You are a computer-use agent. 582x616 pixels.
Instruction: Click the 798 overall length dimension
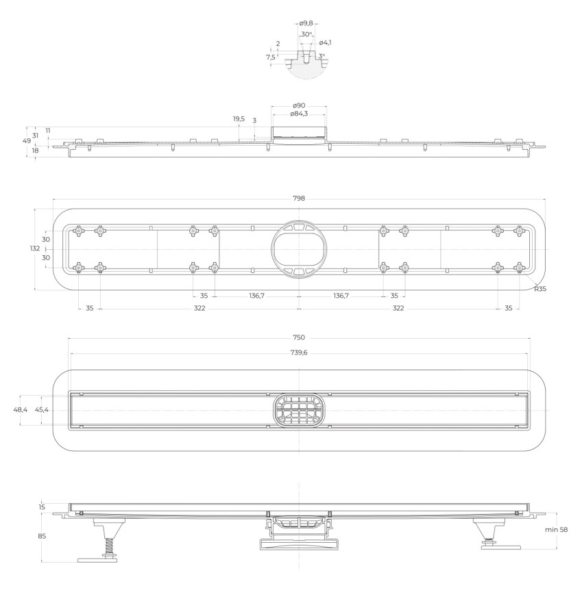click(x=299, y=198)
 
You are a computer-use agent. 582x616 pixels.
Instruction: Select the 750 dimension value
click(x=299, y=337)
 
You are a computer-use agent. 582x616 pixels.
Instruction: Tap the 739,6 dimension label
click(x=299, y=352)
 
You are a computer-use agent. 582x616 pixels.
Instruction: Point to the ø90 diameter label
click(x=299, y=105)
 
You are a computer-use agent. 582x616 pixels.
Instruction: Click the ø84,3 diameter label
click(x=299, y=114)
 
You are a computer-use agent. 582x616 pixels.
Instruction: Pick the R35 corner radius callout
click(x=540, y=289)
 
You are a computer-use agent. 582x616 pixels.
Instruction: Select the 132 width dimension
click(x=35, y=248)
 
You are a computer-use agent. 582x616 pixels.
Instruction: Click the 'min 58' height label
click(x=556, y=530)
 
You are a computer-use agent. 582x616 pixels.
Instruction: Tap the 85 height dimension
click(x=42, y=536)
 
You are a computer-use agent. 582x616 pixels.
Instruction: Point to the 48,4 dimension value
click(x=20, y=410)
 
